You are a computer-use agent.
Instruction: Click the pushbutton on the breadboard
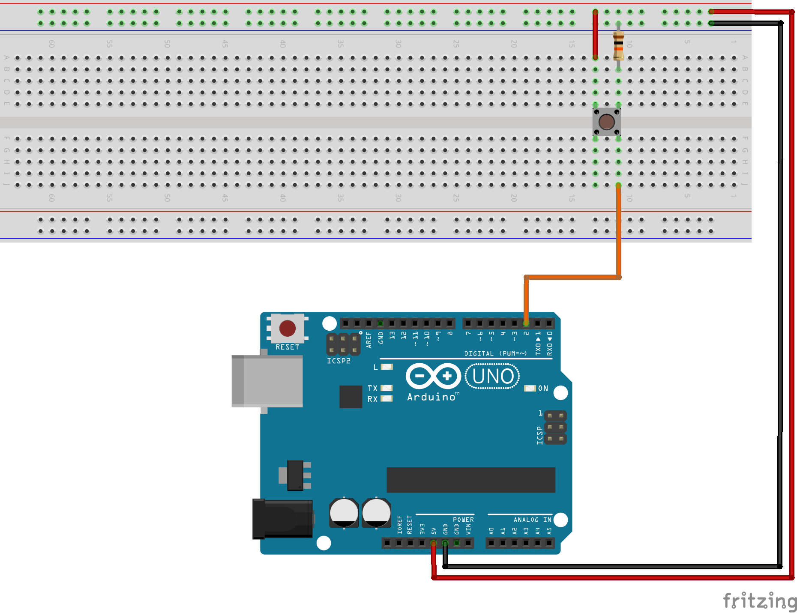[x=606, y=122]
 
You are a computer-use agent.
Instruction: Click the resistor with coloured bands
[x=618, y=45]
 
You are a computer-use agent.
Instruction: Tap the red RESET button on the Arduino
[x=287, y=329]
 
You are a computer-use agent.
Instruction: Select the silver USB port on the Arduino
[x=267, y=381]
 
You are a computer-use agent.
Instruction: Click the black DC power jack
[x=282, y=519]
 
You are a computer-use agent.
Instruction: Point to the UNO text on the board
[x=492, y=377]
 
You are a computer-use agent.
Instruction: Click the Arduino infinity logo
[x=433, y=376]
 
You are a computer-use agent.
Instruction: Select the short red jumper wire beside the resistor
[x=595, y=34]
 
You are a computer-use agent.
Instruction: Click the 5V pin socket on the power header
[x=434, y=543]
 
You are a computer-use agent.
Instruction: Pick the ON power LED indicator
[x=530, y=388]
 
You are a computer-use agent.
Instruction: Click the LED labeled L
[x=387, y=367]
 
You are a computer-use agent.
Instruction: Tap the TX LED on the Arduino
[x=387, y=388]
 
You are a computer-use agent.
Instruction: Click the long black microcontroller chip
[x=470, y=480]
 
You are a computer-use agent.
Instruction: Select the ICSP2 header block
[x=343, y=344]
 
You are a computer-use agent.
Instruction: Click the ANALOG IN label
[x=532, y=520]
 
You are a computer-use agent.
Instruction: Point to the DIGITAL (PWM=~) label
[x=495, y=353]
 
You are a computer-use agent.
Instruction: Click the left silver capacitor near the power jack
[x=344, y=513]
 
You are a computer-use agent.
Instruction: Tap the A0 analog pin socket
[x=491, y=543]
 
